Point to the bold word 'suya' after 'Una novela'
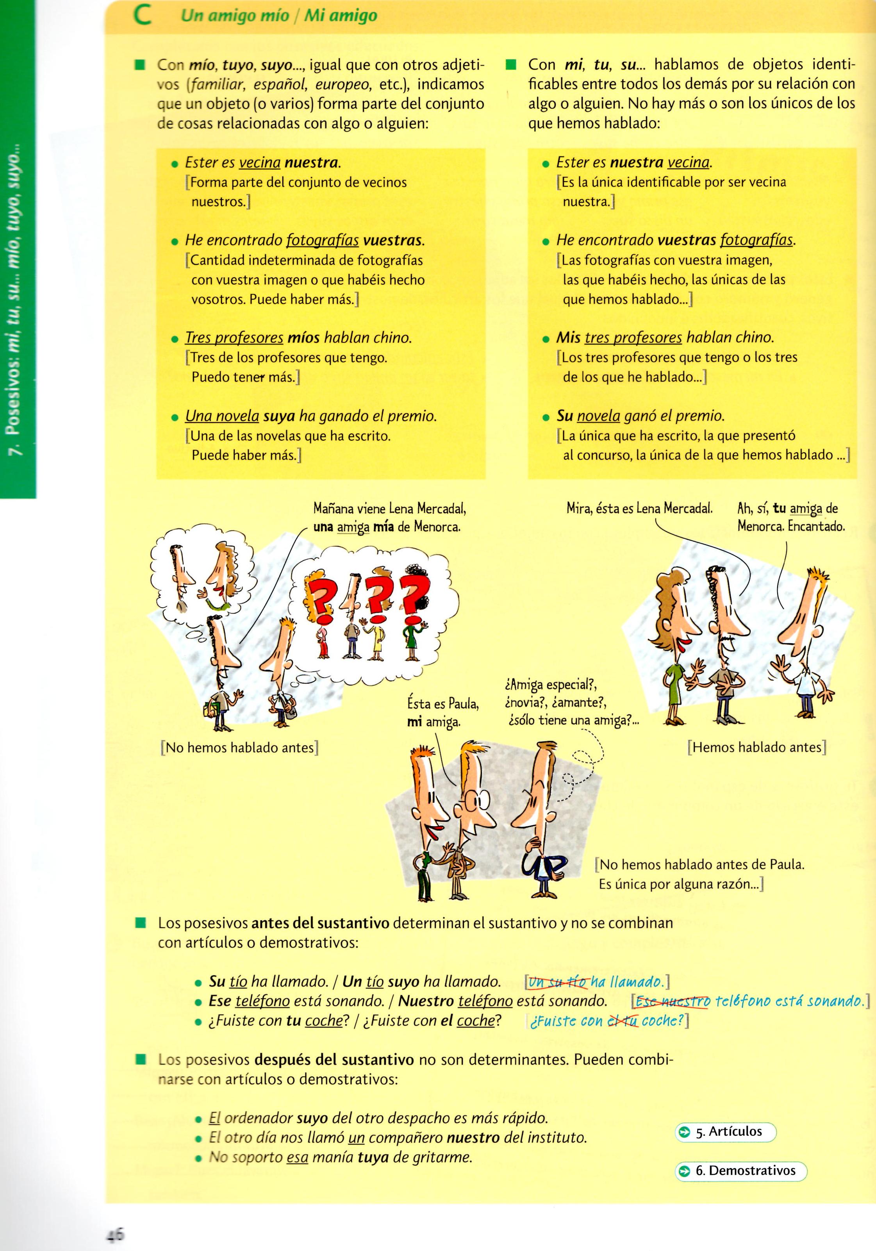click(279, 417)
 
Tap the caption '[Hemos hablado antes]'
click(757, 747)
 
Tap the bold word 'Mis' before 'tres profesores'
click(568, 338)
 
